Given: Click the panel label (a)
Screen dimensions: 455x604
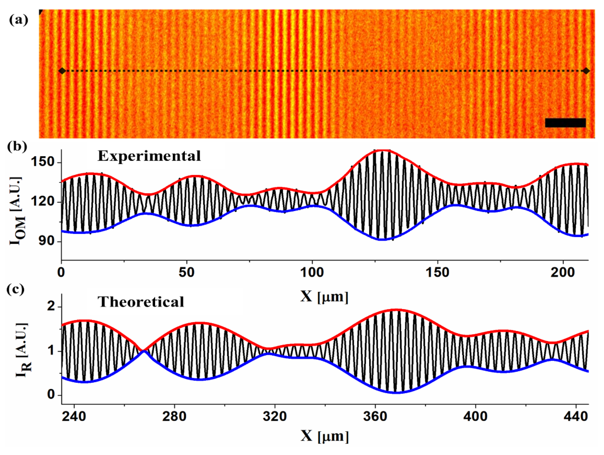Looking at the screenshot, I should click(x=19, y=20).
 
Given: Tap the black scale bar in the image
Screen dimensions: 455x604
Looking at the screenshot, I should click(x=565, y=123).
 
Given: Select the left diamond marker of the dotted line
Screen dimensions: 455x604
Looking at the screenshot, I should click(x=62, y=71).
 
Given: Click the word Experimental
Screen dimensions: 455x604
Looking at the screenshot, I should click(x=149, y=156).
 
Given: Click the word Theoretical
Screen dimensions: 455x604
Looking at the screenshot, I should click(x=141, y=302).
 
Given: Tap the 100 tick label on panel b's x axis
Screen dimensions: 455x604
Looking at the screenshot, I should click(x=312, y=273).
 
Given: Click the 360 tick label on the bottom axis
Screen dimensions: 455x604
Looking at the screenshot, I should click(x=375, y=416).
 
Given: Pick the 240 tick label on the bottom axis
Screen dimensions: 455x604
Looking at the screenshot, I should click(x=74, y=416).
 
